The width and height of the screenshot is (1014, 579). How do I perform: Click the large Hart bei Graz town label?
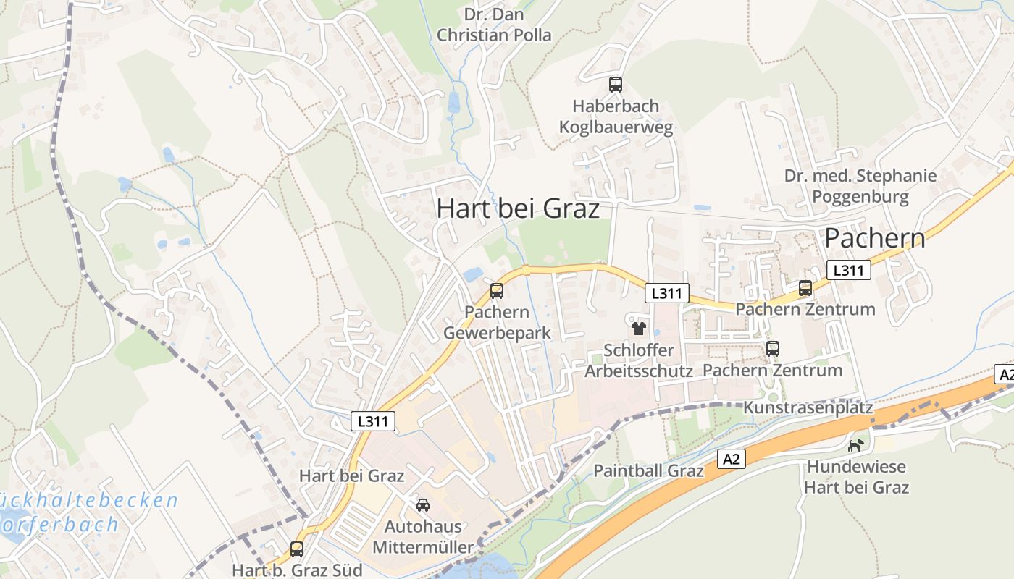[x=518, y=208]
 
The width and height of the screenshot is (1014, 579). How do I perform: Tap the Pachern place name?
[x=874, y=237]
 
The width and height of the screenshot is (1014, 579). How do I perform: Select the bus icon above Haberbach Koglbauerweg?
[x=616, y=85]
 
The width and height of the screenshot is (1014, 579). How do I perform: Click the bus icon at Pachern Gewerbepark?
[x=496, y=291]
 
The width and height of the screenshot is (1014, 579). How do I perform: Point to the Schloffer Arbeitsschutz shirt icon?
[x=638, y=329]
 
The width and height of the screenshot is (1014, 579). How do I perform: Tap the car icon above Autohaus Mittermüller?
[x=423, y=504]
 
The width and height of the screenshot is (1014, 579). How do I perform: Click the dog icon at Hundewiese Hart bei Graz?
[x=855, y=445]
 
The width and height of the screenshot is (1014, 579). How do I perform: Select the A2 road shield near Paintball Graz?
[x=732, y=458]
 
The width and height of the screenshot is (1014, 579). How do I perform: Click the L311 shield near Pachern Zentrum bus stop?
[x=848, y=270]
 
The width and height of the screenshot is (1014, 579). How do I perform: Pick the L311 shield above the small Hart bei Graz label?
[x=374, y=420]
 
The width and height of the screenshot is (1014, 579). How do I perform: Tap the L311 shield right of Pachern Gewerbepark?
[x=666, y=293]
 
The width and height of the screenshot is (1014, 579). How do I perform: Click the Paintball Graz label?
[x=648, y=470]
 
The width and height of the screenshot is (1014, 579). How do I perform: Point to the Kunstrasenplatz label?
[x=808, y=407]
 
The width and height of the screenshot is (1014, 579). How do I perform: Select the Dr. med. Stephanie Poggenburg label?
[x=860, y=186]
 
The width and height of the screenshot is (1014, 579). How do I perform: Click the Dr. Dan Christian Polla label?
[x=494, y=25]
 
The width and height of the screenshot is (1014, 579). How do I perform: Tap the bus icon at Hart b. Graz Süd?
[x=297, y=549]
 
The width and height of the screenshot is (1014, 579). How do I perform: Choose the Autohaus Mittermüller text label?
[x=423, y=536]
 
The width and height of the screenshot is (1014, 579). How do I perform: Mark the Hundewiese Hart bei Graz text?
[x=855, y=477]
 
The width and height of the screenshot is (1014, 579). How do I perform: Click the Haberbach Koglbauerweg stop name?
[x=616, y=117]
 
